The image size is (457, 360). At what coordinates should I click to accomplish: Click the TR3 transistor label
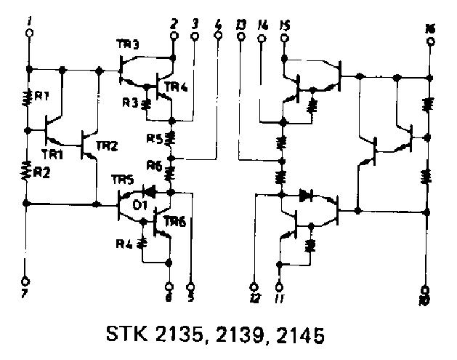(126, 45)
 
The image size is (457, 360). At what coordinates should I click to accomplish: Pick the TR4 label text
(176, 88)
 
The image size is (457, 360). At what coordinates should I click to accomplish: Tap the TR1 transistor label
(51, 154)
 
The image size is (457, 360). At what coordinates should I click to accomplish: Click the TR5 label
(121, 180)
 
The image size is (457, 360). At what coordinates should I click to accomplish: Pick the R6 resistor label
(153, 165)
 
